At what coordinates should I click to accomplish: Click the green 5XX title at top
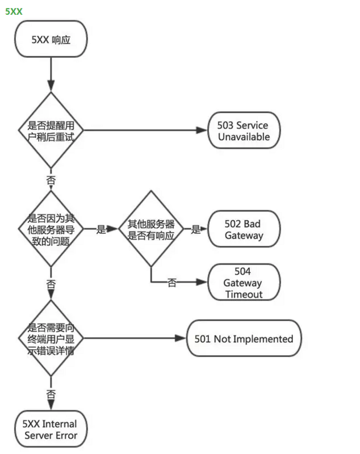(14, 11)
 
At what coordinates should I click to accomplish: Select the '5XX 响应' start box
(51, 39)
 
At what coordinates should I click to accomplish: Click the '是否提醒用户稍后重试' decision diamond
(51, 130)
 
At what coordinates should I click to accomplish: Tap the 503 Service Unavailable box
(244, 131)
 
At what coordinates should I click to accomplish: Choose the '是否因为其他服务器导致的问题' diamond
(51, 229)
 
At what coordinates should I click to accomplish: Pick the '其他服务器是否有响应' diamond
(150, 229)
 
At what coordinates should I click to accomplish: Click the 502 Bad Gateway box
(244, 229)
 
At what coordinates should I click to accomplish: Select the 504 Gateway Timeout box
(244, 283)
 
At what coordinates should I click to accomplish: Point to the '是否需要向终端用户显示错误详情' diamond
(51, 339)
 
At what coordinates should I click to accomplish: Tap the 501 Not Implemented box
(244, 339)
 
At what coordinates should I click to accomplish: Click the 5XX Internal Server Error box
(51, 430)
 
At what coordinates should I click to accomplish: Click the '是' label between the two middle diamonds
(101, 229)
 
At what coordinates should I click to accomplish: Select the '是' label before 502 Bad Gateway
(196, 229)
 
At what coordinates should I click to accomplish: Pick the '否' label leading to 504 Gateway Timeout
(171, 283)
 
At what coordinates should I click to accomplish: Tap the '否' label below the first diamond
(51, 180)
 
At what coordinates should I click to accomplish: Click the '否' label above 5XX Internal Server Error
(51, 393)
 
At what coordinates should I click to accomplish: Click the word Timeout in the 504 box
(244, 294)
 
